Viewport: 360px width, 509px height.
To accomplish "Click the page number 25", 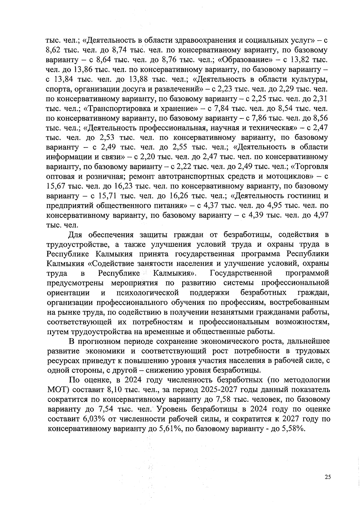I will click(327, 477).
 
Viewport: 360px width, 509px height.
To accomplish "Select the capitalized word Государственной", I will click(241, 273).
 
